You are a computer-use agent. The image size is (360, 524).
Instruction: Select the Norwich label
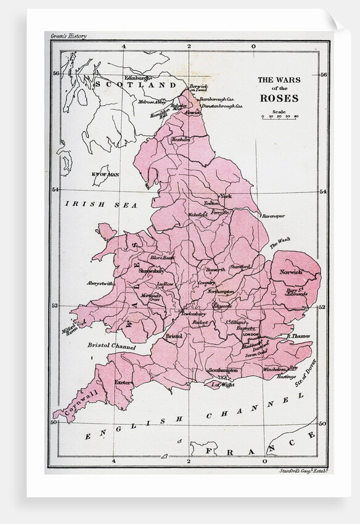tap(290, 272)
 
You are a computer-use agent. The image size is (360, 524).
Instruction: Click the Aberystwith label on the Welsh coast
tap(100, 283)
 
